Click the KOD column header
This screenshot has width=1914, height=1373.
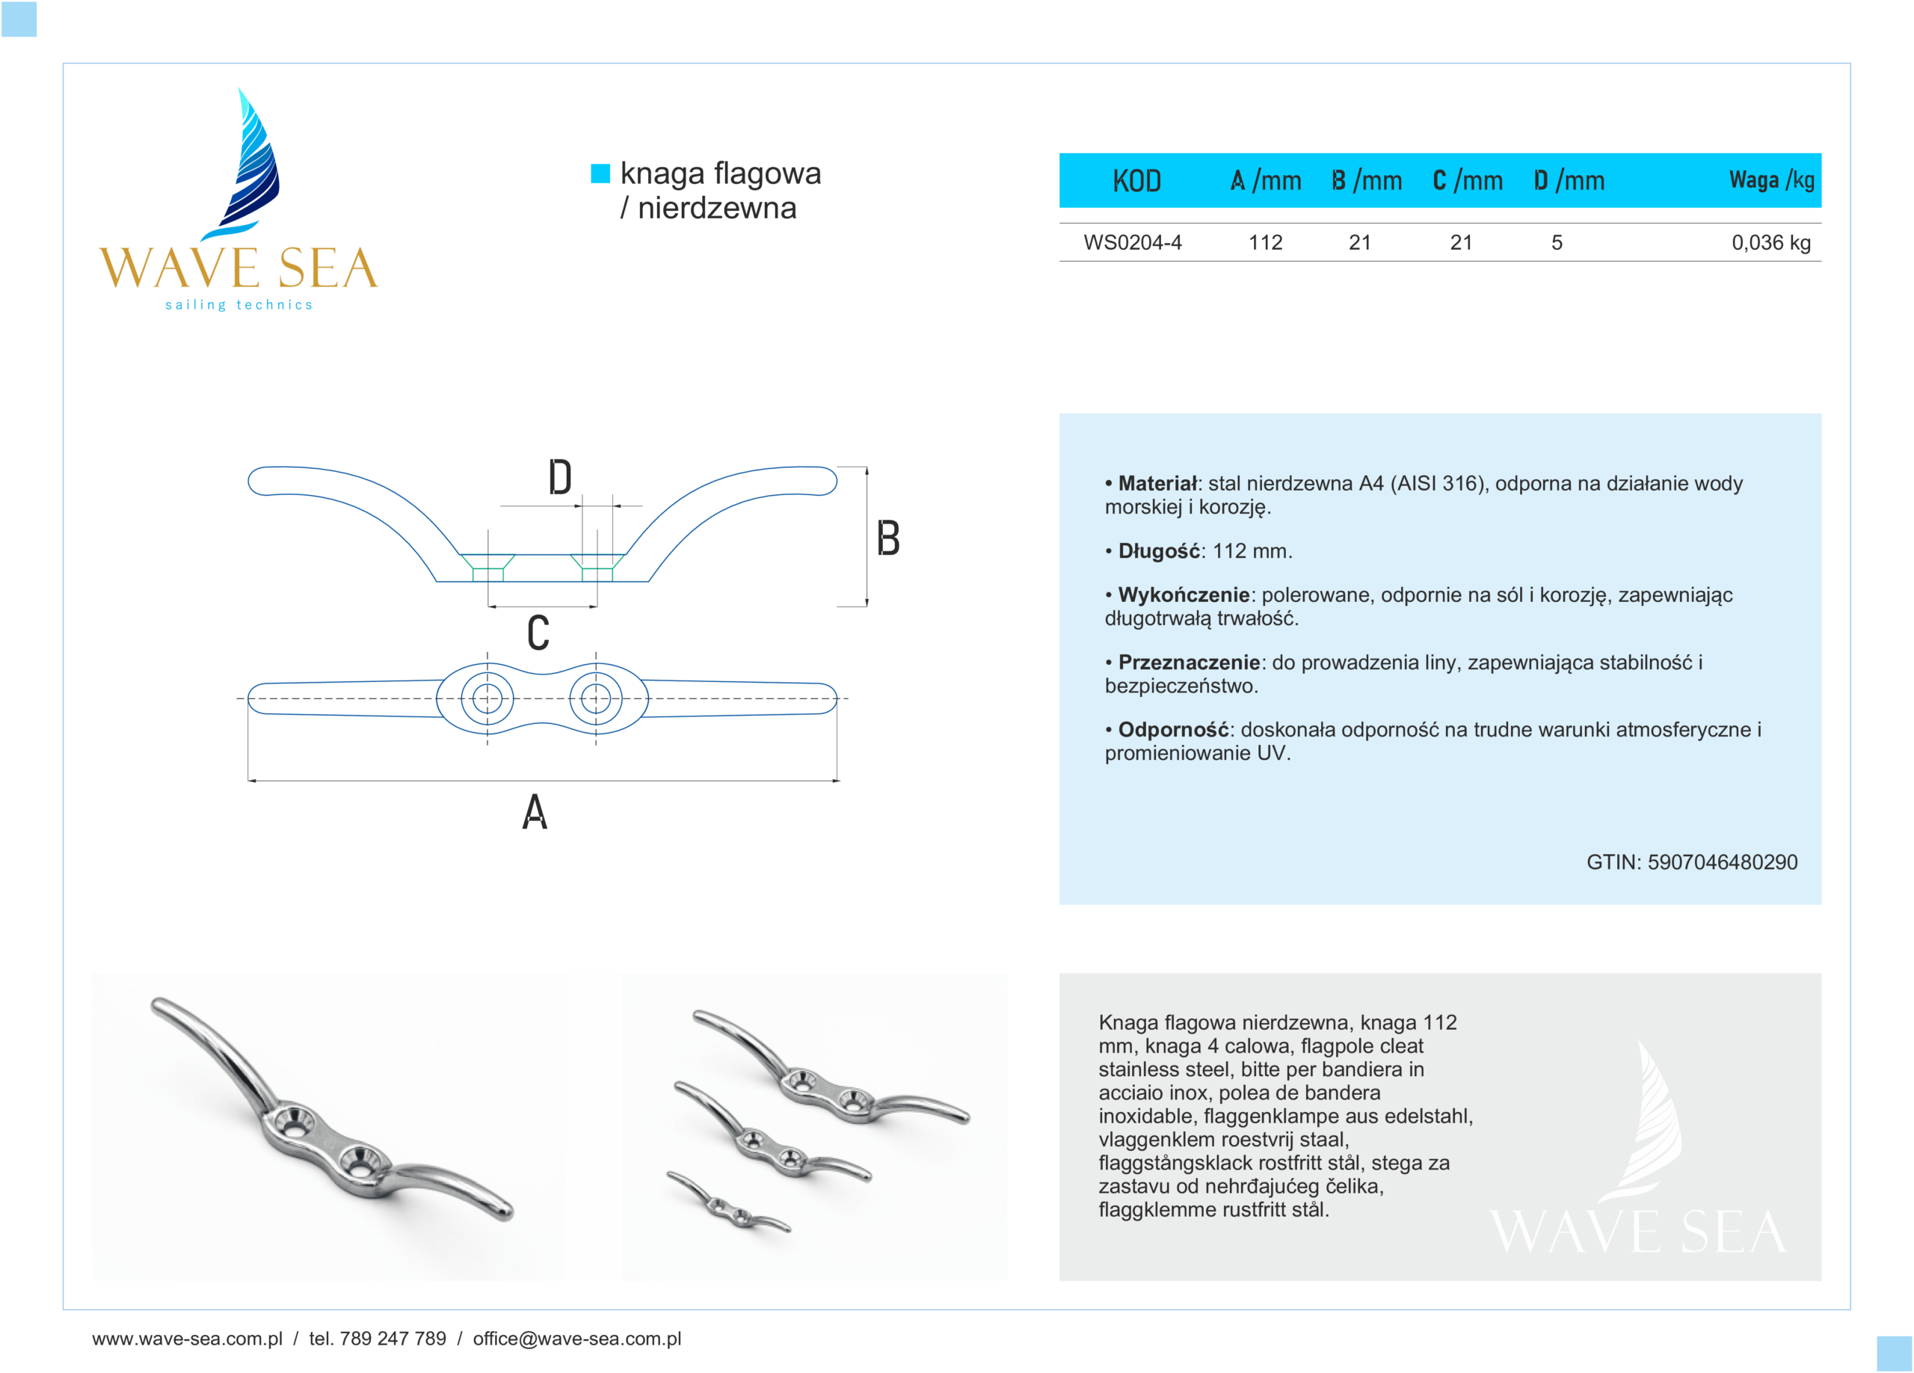(x=1136, y=180)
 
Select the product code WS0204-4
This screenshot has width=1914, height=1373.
(x=1132, y=243)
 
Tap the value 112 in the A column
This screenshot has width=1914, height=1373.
(x=1264, y=243)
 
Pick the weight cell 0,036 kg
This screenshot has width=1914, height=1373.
(x=1770, y=243)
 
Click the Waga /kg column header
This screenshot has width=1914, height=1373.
(x=1770, y=179)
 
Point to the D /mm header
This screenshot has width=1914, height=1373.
(x=1568, y=180)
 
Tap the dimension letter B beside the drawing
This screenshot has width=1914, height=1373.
(x=887, y=538)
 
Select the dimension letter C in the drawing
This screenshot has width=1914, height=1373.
(x=538, y=633)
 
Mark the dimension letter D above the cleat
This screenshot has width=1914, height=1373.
(x=559, y=478)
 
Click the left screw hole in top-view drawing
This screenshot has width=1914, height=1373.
(x=487, y=698)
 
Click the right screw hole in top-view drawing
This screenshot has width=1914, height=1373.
(x=596, y=698)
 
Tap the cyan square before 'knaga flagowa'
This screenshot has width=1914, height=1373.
(x=600, y=173)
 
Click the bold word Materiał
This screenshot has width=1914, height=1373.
(x=1157, y=484)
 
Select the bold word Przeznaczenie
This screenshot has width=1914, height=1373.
(x=1188, y=663)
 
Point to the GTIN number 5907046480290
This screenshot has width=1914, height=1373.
(x=1722, y=862)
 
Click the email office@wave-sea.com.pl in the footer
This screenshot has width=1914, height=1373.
(x=576, y=1339)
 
